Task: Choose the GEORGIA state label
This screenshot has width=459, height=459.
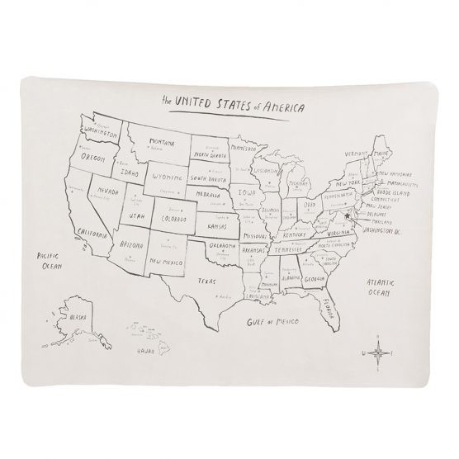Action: pos(312,278)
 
